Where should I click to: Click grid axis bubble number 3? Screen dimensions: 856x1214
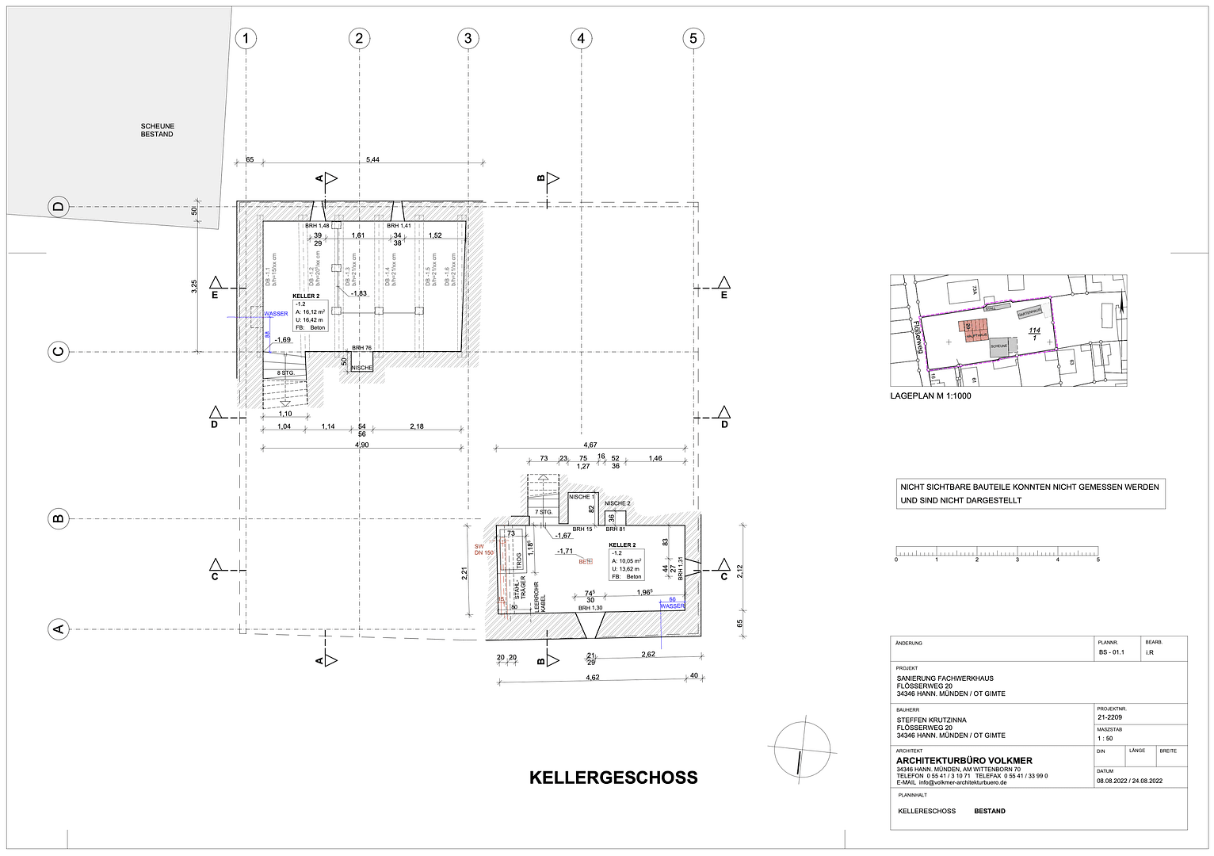coord(468,38)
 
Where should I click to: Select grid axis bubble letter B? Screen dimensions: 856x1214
coord(58,519)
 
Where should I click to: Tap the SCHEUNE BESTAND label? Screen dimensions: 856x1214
coord(157,130)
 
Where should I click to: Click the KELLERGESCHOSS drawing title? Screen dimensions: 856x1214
coord(613,778)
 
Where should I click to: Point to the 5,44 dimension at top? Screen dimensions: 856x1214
coord(372,160)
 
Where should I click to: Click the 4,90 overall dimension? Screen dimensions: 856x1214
coord(361,445)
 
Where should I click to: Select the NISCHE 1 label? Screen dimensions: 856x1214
coord(581,497)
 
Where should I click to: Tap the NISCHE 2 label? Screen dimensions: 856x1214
coord(617,503)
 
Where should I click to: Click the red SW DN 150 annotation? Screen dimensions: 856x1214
coord(483,549)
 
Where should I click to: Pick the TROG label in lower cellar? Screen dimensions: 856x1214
coord(520,561)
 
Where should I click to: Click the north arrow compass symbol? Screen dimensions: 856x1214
coord(802,748)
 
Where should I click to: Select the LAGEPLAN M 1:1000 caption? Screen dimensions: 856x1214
coord(930,396)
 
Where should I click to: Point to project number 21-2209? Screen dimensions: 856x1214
coord(1109,717)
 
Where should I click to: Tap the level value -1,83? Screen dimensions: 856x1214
coord(358,293)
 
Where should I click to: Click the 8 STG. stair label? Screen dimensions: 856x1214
coord(285,373)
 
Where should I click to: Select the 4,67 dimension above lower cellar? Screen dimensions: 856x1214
coord(590,445)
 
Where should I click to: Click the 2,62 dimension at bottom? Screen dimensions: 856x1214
coord(647,655)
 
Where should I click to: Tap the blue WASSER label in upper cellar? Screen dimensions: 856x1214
coord(276,314)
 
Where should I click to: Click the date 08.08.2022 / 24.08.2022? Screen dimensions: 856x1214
coord(1129,781)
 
